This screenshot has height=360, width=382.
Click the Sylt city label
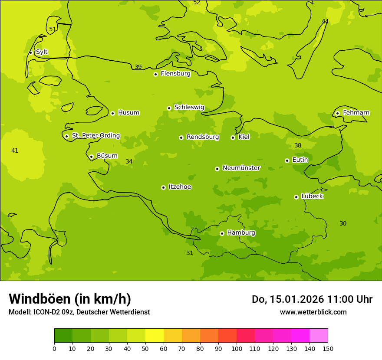point(42,52)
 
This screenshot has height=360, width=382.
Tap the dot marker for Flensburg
point(155,74)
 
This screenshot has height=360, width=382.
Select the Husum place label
point(128,113)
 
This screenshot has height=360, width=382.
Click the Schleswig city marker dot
point(169,108)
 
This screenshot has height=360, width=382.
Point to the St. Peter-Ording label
point(96,136)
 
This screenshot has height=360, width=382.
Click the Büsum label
point(107,156)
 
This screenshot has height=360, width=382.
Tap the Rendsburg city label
point(203,137)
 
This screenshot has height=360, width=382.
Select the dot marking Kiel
point(233,137)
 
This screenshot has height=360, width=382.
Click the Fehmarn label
point(356,113)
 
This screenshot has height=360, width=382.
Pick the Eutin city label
point(300,160)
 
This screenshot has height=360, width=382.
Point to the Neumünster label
point(241,168)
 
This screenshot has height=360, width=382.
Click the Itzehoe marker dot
point(163,187)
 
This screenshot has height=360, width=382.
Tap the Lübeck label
point(312,196)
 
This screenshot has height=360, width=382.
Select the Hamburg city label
point(241,233)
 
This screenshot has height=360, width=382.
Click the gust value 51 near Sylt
point(53,29)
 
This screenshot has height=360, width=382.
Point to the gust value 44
point(325,21)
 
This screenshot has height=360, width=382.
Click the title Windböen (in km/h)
point(70,299)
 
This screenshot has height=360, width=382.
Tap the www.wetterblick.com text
point(313,312)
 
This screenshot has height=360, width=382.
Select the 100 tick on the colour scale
point(237,348)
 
